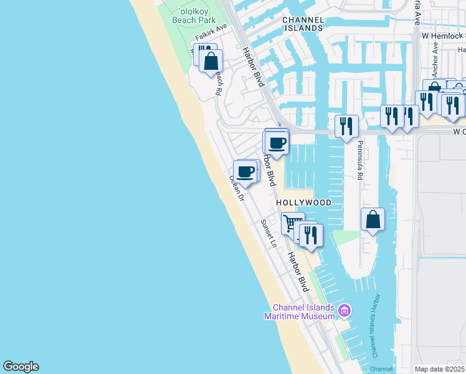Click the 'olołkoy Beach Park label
coord(194,16)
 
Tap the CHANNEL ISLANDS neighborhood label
coord(303,24)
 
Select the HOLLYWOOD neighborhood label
coord(303,203)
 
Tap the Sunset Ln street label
coord(268,233)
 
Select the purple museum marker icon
coord(345,310)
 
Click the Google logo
coord(21,367)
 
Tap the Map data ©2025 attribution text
coord(440,369)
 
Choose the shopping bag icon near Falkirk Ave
coord(211,61)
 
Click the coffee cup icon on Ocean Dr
coord(246,171)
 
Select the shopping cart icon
coord(292,223)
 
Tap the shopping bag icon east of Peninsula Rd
coord(372,219)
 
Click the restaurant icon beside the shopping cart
coord(310,234)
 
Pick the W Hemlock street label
coord(444,36)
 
